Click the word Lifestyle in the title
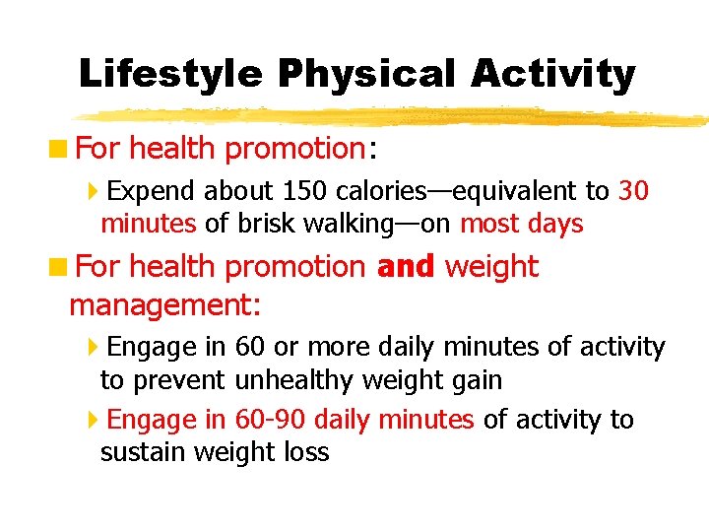(x=170, y=74)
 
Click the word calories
(x=380, y=190)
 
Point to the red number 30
(x=633, y=190)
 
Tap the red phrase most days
(x=521, y=224)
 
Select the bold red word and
(x=405, y=267)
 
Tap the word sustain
(x=143, y=452)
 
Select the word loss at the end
(x=304, y=452)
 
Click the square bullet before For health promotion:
(x=61, y=149)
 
